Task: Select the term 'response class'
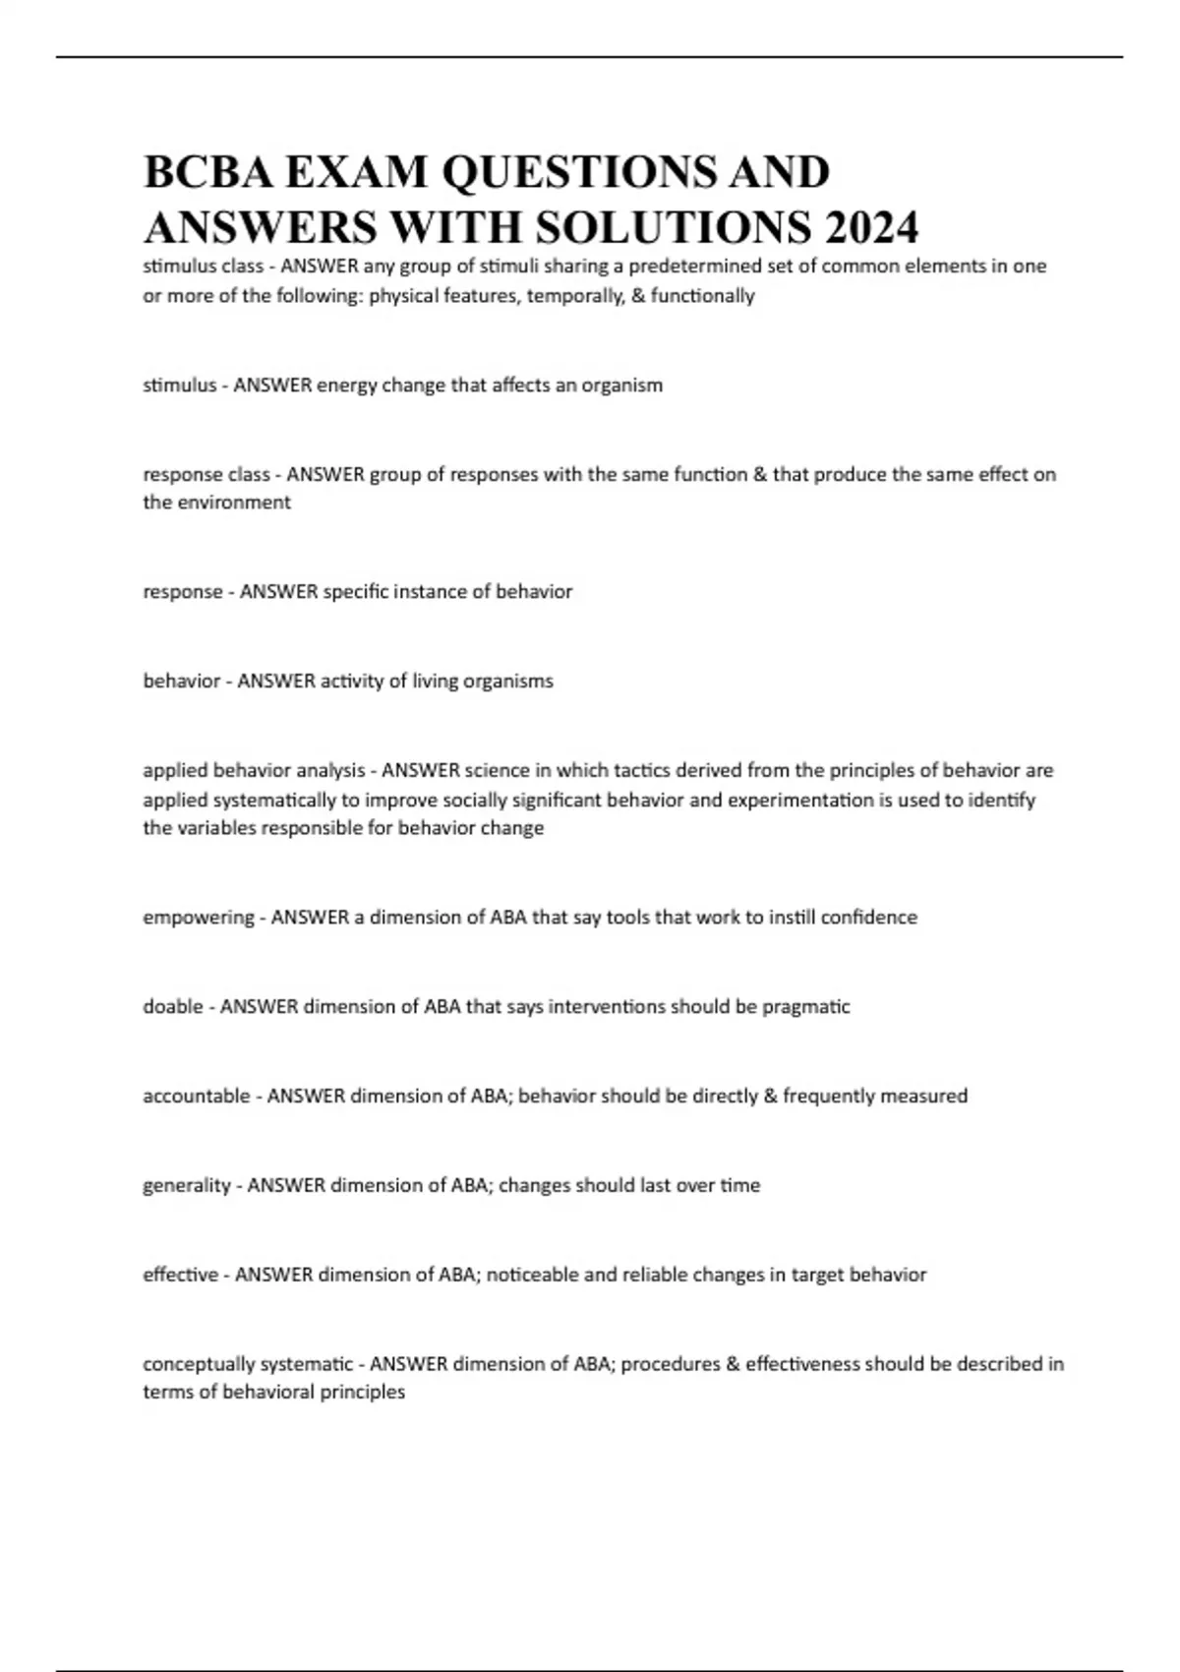tap(206, 474)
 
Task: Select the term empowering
tap(199, 917)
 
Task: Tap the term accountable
tap(197, 1096)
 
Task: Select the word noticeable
tap(532, 1275)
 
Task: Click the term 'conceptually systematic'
tap(248, 1364)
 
